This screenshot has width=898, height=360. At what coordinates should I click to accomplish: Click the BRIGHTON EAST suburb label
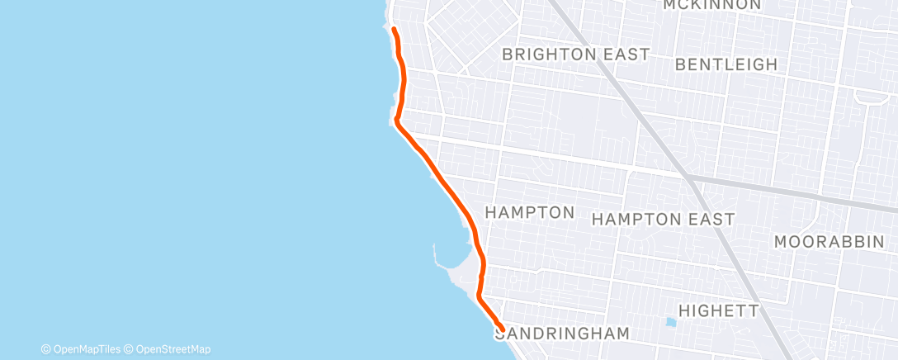[x=575, y=54]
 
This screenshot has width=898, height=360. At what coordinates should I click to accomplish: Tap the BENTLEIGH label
[x=725, y=64]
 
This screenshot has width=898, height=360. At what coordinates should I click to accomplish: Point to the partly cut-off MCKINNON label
[x=711, y=5]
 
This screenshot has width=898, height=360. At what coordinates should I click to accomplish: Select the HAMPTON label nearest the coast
[x=529, y=213]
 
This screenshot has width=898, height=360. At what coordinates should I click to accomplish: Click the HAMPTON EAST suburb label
[x=663, y=220]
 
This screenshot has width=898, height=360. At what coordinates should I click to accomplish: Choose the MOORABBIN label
[x=835, y=242]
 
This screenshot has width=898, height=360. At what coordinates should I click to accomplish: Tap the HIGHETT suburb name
[x=717, y=310]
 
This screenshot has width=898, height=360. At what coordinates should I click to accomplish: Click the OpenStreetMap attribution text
[x=173, y=349]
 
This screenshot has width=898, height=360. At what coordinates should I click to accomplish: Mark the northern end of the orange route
[x=394, y=31]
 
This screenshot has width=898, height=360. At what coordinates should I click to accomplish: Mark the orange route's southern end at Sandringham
[x=502, y=329]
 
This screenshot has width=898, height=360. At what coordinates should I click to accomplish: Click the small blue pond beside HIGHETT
[x=669, y=320]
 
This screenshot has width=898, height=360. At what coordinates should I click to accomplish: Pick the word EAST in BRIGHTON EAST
[x=628, y=54]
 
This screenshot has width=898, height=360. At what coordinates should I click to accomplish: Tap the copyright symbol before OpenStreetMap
[x=129, y=349]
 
